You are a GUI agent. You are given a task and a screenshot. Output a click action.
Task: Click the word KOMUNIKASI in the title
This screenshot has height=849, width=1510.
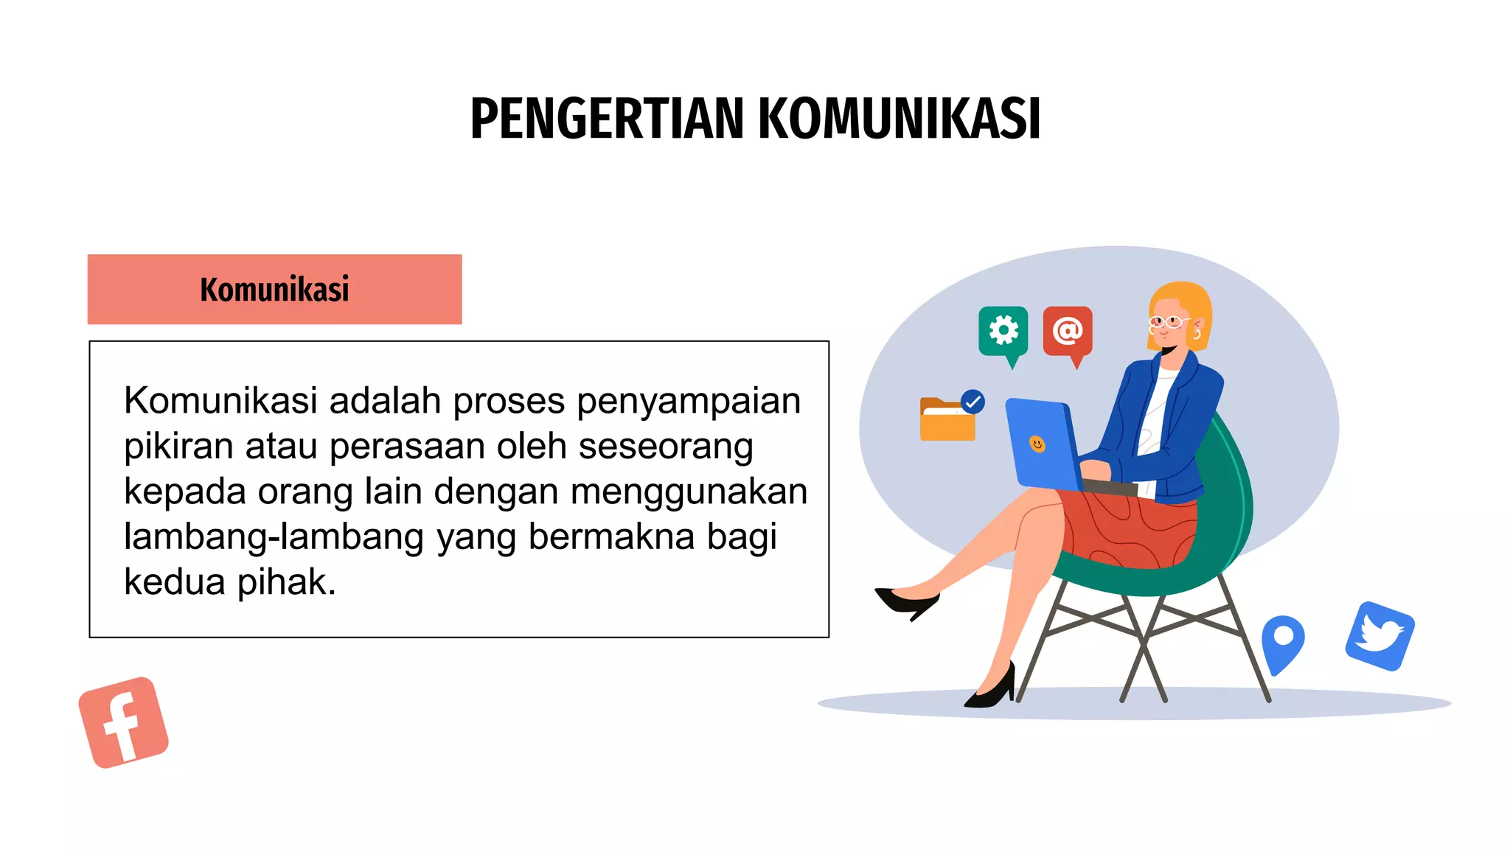[899, 119]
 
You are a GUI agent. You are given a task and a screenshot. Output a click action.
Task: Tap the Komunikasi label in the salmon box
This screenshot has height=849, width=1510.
[274, 290]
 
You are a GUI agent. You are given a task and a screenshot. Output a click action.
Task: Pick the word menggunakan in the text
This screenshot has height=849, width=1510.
[689, 492]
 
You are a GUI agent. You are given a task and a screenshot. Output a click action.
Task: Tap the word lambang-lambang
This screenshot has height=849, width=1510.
[274, 537]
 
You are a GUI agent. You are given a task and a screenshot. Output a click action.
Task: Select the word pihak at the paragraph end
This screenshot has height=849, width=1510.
[286, 582]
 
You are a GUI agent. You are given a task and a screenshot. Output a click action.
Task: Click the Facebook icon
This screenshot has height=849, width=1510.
[123, 722]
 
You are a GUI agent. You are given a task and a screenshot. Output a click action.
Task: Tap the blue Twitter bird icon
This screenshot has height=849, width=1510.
[1379, 636]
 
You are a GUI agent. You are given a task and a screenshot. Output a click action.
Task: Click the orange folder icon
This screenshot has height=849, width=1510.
[947, 421]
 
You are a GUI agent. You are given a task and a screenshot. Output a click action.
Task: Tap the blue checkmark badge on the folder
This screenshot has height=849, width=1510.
[973, 402]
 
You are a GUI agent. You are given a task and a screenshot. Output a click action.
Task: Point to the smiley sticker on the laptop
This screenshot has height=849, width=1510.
[1037, 444]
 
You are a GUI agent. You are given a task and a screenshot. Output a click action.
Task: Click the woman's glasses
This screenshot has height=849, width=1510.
[1169, 321]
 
